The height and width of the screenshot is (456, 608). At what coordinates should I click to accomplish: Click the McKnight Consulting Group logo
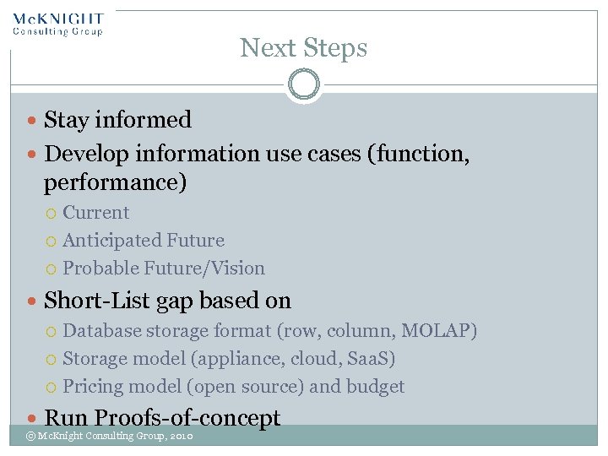click(x=57, y=24)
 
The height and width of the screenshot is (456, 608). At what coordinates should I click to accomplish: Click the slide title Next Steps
click(x=303, y=48)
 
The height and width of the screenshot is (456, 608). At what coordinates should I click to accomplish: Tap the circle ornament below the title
click(x=303, y=84)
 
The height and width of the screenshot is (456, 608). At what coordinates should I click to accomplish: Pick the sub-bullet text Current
click(x=96, y=213)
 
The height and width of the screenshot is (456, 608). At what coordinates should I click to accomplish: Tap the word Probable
click(x=100, y=269)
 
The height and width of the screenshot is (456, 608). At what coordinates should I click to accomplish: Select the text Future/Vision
click(x=204, y=269)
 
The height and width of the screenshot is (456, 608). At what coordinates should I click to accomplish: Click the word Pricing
click(x=93, y=387)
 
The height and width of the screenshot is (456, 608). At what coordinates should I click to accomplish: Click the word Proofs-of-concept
click(x=187, y=418)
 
